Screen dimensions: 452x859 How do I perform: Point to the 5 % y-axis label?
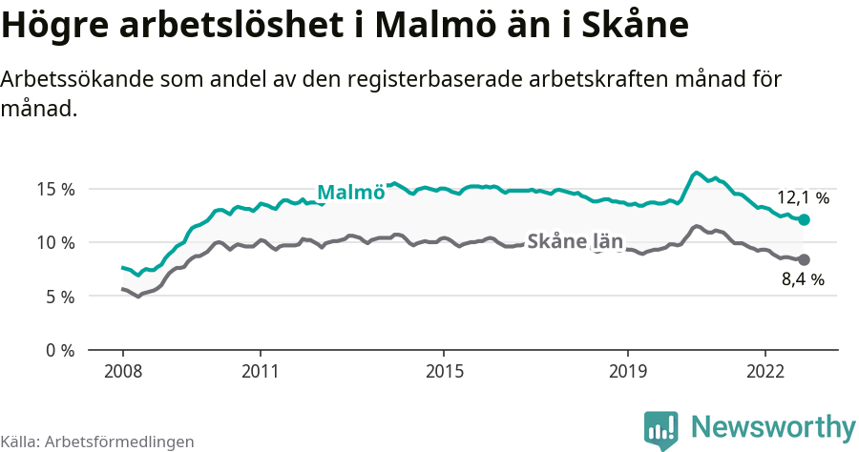tap(60, 297)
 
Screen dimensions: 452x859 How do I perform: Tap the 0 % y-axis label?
tap(60, 350)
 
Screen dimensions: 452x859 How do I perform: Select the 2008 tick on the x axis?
tap(122, 369)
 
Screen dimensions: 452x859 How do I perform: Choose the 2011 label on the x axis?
tap(260, 369)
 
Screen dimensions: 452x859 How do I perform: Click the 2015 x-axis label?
tap(444, 369)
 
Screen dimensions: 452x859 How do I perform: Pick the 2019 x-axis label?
tap(628, 369)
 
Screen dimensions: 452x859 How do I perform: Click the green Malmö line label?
tap(350, 193)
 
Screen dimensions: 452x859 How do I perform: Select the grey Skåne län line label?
tap(575, 242)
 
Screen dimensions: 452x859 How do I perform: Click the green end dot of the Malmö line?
tap(804, 219)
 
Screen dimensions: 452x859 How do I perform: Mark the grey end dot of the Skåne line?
tap(804, 259)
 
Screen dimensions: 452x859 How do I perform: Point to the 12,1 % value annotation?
tap(803, 198)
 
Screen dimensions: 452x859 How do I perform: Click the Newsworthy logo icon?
tap(661, 429)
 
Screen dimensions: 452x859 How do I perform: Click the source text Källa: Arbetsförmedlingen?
tap(97, 442)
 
